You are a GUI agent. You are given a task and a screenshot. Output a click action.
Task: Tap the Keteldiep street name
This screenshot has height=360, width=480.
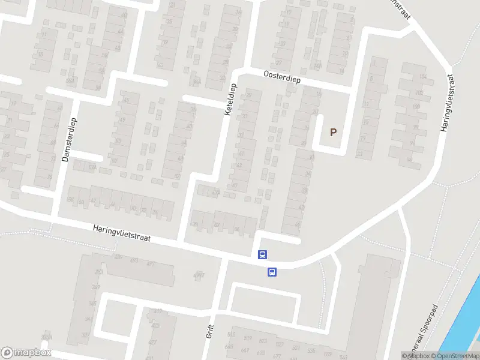point(232,100)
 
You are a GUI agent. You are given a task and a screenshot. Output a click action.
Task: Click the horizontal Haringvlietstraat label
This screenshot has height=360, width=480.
point(122,233)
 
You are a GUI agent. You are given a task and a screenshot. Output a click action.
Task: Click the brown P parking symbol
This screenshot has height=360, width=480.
point(334,132)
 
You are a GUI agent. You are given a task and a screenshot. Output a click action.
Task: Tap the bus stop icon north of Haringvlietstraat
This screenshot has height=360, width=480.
point(262,254)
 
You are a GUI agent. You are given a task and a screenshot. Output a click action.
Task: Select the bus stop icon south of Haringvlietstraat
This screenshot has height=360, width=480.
point(272,272)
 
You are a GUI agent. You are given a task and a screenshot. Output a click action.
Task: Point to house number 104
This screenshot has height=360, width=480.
point(422,77)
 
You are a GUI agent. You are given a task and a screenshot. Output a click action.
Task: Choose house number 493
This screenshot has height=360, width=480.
point(134,261)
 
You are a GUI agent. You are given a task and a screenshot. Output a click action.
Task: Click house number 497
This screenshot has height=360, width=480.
point(151,264)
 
